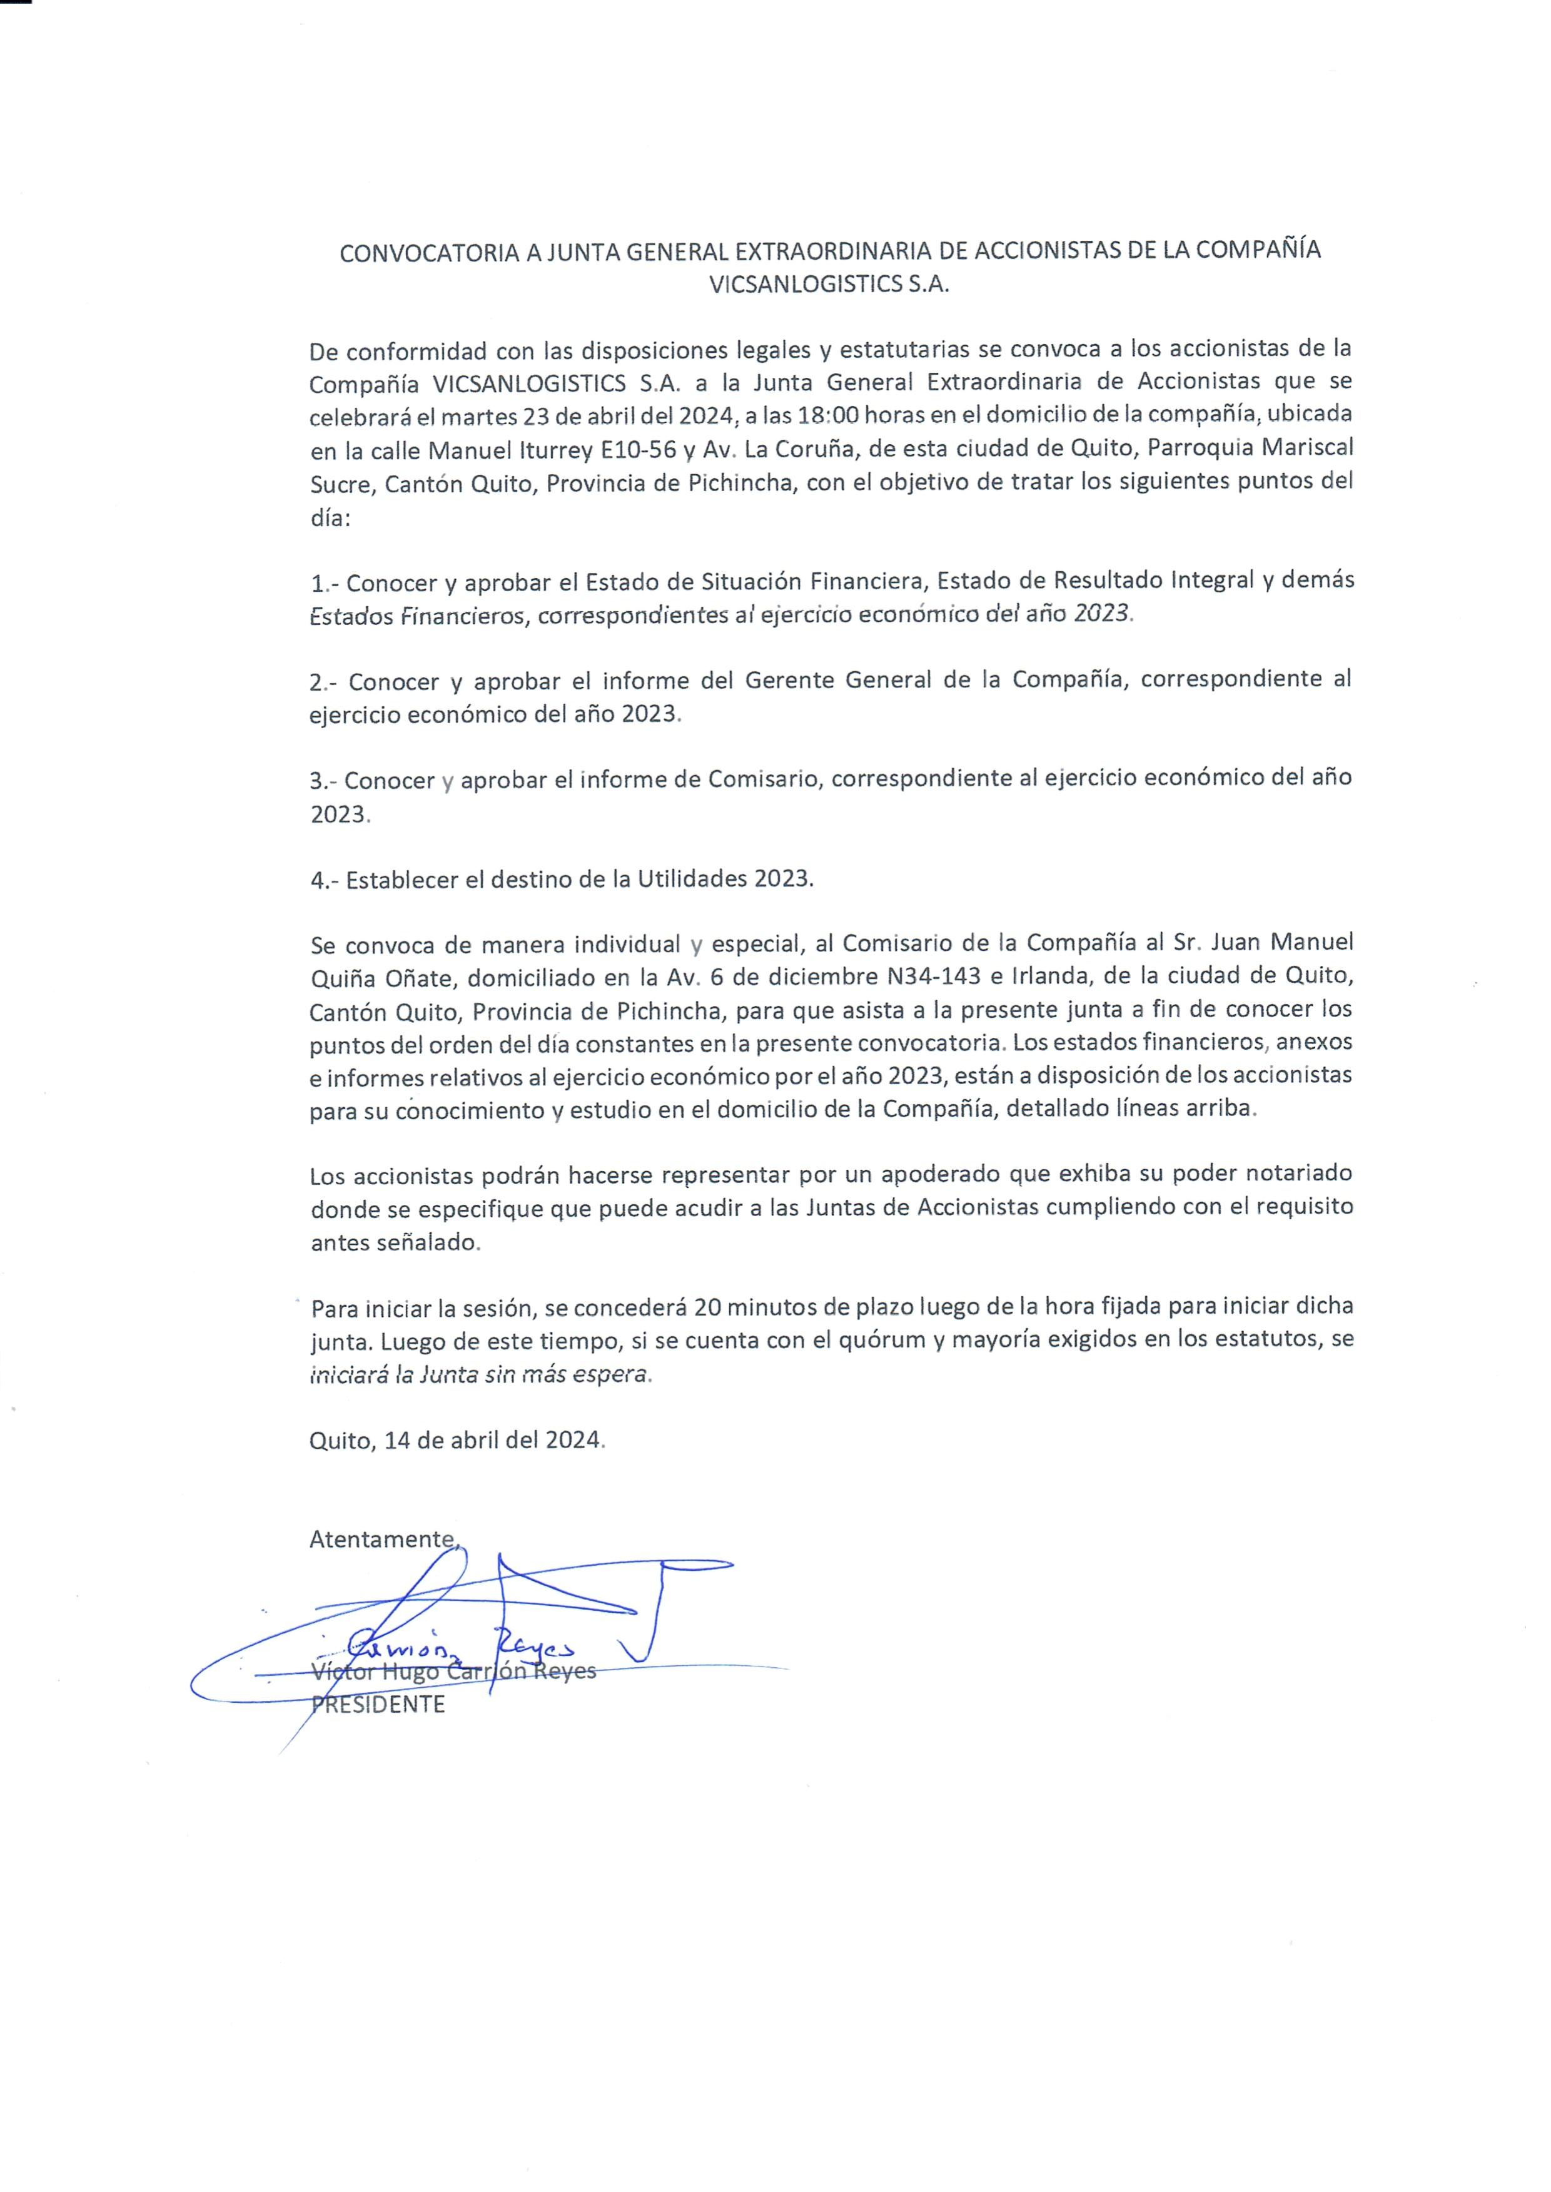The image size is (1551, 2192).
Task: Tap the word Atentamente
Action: tap(382, 1539)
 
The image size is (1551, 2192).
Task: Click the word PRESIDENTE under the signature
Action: tap(378, 1705)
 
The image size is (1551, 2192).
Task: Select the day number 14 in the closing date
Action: tap(397, 1439)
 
